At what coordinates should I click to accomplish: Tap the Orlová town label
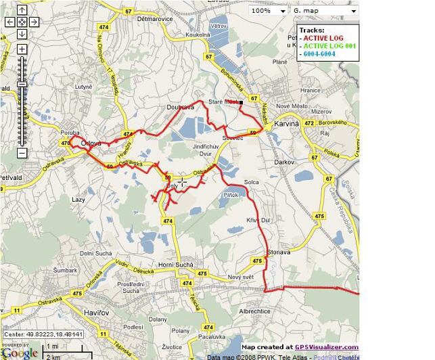coord(91,143)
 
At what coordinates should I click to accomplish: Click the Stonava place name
coord(259,251)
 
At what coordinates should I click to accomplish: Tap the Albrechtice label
coord(254,311)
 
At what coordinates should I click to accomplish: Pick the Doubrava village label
coord(181,107)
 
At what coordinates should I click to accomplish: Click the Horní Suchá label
coord(176,264)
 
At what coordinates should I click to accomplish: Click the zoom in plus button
coord(22,49)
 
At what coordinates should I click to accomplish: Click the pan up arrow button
coord(22,10)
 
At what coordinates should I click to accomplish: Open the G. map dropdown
coord(323,11)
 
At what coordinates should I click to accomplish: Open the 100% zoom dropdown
coord(267,11)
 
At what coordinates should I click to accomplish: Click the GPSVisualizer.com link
coord(322,347)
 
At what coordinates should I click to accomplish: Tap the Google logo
coord(20,353)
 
